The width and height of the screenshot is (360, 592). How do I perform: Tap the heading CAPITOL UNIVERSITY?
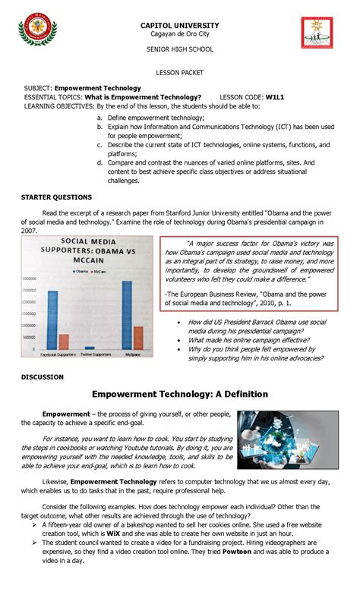pos(180,25)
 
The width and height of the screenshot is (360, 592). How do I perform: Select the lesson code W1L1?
pos(276,97)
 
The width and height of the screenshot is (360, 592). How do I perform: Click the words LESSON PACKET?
pos(180,75)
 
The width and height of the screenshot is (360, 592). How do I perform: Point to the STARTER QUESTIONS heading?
pos(56,197)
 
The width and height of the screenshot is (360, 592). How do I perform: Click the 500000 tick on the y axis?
pos(33,337)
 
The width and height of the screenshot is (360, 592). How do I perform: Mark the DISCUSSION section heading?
pos(43,376)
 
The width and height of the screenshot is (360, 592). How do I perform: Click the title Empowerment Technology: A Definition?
pos(180,395)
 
